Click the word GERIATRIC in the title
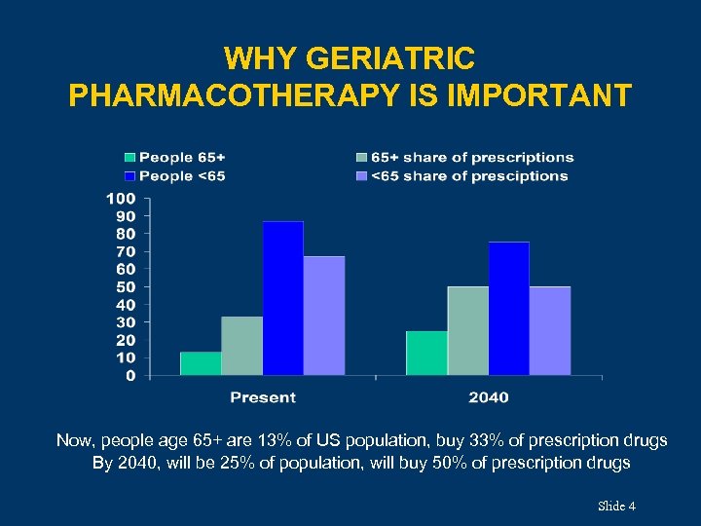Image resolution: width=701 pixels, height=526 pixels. pyautogui.click(x=389, y=59)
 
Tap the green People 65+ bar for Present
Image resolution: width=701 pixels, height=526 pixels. pyautogui.click(x=201, y=363)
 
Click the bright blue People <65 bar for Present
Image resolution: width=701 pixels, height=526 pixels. pyautogui.click(x=282, y=298)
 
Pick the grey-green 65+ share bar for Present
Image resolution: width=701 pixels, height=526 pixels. pyautogui.click(x=241, y=346)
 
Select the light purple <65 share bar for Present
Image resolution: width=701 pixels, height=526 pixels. pyautogui.click(x=323, y=316)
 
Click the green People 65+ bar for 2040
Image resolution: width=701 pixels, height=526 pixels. pyautogui.click(x=426, y=353)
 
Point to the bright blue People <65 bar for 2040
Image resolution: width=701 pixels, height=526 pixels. pyautogui.click(x=508, y=308)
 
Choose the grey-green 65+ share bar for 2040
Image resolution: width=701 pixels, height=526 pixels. pyautogui.click(x=467, y=331)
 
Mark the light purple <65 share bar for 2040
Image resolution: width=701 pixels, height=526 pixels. pyautogui.click(x=549, y=331)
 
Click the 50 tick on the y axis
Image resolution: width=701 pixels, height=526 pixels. pyautogui.click(x=126, y=286)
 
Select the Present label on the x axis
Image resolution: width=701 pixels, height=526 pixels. pyautogui.click(x=262, y=397)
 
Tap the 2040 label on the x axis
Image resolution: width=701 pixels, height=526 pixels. pyautogui.click(x=488, y=397)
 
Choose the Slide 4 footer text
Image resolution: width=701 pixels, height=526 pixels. pyautogui.click(x=616, y=506)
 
